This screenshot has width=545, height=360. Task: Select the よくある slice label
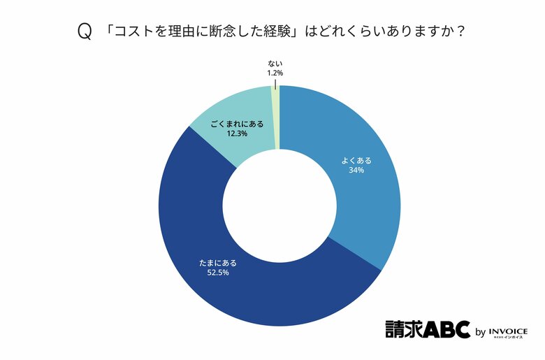356,160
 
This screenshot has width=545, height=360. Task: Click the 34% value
356,170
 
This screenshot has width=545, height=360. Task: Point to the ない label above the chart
275,63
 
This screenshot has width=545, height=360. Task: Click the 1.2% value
275,72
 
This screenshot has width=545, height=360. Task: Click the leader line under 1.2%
275,83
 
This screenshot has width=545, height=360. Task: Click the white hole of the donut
279,206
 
